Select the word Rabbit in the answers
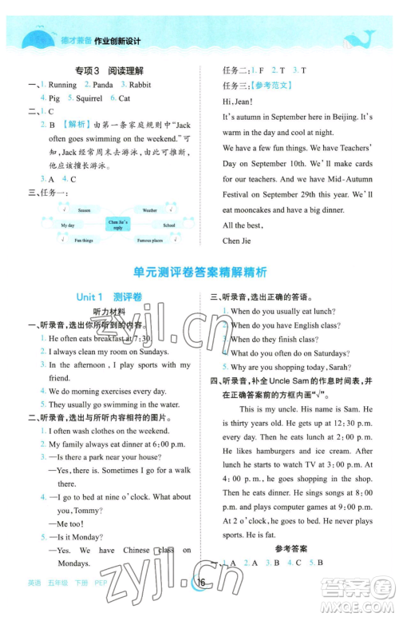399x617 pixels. tap(140, 84)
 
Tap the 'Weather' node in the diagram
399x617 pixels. tap(150, 210)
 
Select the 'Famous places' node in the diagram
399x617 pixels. tap(149, 240)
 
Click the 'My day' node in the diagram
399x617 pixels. tap(68, 225)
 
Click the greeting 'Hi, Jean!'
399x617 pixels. tap(236, 101)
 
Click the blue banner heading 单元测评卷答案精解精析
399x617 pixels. tap(199, 271)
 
